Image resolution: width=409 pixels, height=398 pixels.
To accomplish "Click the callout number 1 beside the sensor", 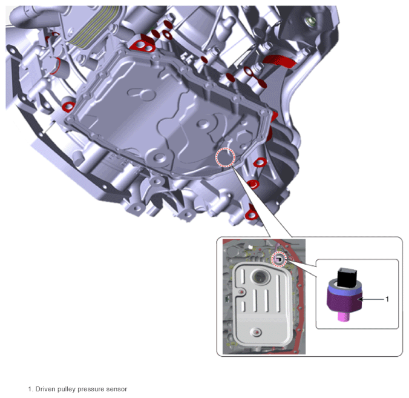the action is click(387, 299).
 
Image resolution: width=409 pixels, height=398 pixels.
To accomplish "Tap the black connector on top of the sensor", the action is click(345, 277).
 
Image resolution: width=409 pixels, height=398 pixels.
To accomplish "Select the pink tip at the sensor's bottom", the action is click(344, 316).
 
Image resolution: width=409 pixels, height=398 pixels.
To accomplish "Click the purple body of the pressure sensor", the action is click(344, 301).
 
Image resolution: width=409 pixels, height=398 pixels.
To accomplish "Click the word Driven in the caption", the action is click(44, 389).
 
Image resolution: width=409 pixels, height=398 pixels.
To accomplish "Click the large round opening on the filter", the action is click(260, 276).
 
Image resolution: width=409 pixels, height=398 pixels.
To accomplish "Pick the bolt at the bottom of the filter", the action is click(256, 332).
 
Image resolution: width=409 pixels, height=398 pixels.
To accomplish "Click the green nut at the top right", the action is click(311, 21).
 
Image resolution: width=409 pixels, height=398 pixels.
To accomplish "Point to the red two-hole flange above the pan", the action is click(143, 46).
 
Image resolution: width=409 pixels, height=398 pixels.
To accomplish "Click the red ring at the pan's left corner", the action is click(68, 106).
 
